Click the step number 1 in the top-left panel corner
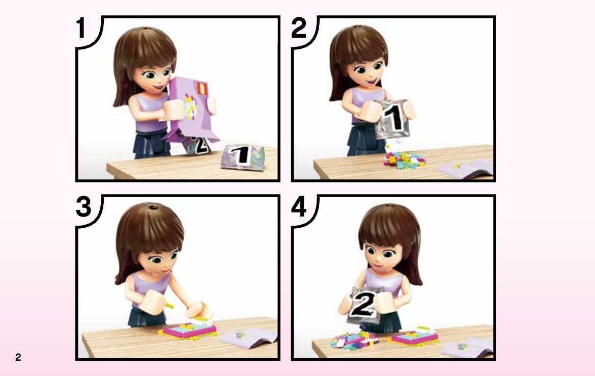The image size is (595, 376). (81, 28)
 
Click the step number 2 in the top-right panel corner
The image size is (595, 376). (299, 28)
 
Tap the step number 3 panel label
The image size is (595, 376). (83, 207)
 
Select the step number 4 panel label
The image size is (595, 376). (299, 207)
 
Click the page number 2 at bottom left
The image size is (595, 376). (18, 357)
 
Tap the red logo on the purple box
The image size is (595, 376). (203, 89)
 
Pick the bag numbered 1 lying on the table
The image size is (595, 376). (243, 157)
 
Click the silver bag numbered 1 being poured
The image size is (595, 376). (392, 119)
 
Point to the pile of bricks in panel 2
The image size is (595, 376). (404, 159)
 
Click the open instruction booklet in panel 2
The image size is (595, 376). (466, 168)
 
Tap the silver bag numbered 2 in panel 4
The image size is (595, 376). (363, 305)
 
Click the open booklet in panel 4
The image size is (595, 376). (467, 347)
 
